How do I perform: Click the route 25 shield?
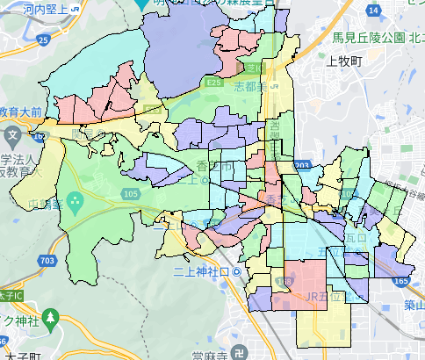[x=42, y=40]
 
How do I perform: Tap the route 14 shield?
[x=374, y=11]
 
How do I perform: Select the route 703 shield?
[x=45, y=261]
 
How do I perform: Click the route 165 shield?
[x=400, y=281]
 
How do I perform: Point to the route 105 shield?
[x=131, y=193]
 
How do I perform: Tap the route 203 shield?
[x=302, y=165]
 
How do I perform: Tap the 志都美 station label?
[x=249, y=87]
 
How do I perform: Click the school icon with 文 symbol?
[x=13, y=136]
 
